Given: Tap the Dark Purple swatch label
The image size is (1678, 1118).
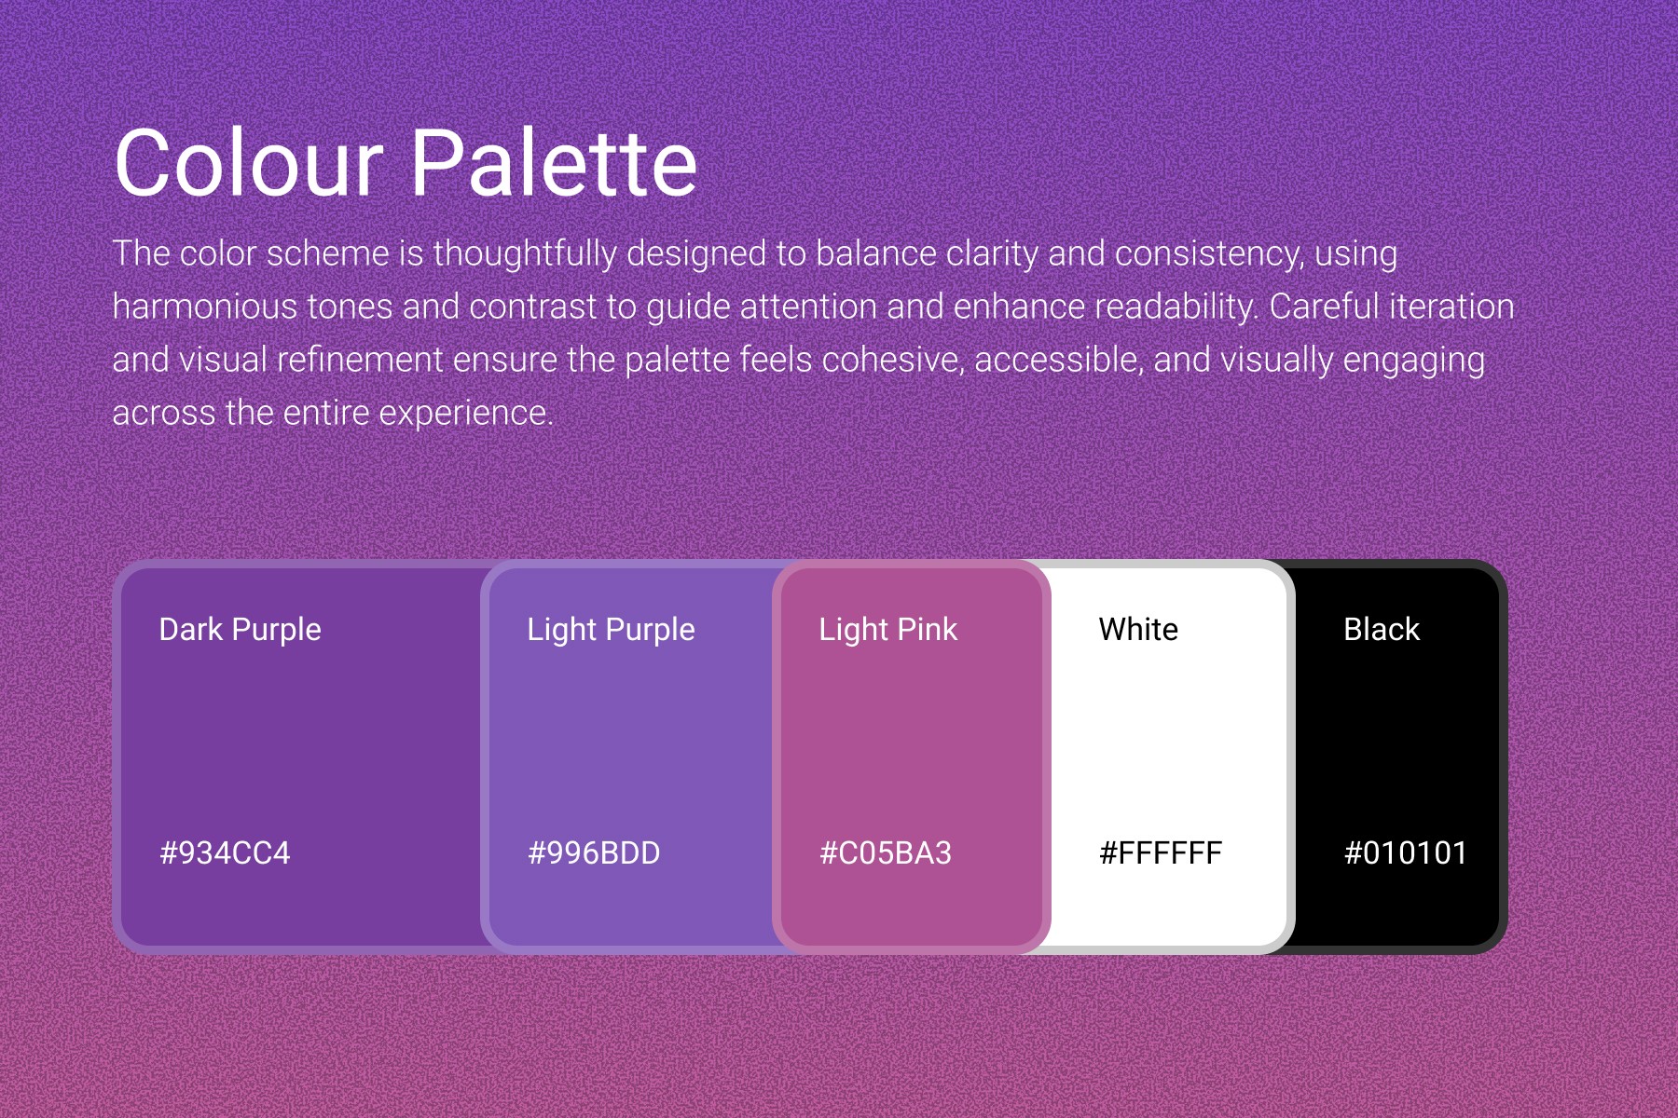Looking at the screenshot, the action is click(x=241, y=630).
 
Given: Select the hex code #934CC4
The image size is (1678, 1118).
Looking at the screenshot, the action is click(x=225, y=852).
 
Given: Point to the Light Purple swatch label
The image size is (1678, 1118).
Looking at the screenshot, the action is click(x=612, y=630).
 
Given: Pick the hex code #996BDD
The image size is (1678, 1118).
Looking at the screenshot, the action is click(x=594, y=852).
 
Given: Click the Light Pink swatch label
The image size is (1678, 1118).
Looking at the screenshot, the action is click(x=888, y=630).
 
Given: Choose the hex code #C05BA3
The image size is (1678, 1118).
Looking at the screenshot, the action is click(x=886, y=852).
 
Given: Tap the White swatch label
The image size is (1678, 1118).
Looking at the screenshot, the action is click(x=1138, y=630).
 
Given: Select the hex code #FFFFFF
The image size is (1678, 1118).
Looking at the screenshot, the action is click(x=1161, y=852).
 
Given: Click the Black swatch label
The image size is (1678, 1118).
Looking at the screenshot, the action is click(x=1382, y=630).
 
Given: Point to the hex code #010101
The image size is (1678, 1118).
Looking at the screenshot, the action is click(x=1406, y=852).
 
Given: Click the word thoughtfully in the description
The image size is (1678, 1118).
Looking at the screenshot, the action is click(x=525, y=254).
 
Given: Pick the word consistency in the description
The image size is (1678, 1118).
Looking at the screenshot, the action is click(x=1209, y=254).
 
